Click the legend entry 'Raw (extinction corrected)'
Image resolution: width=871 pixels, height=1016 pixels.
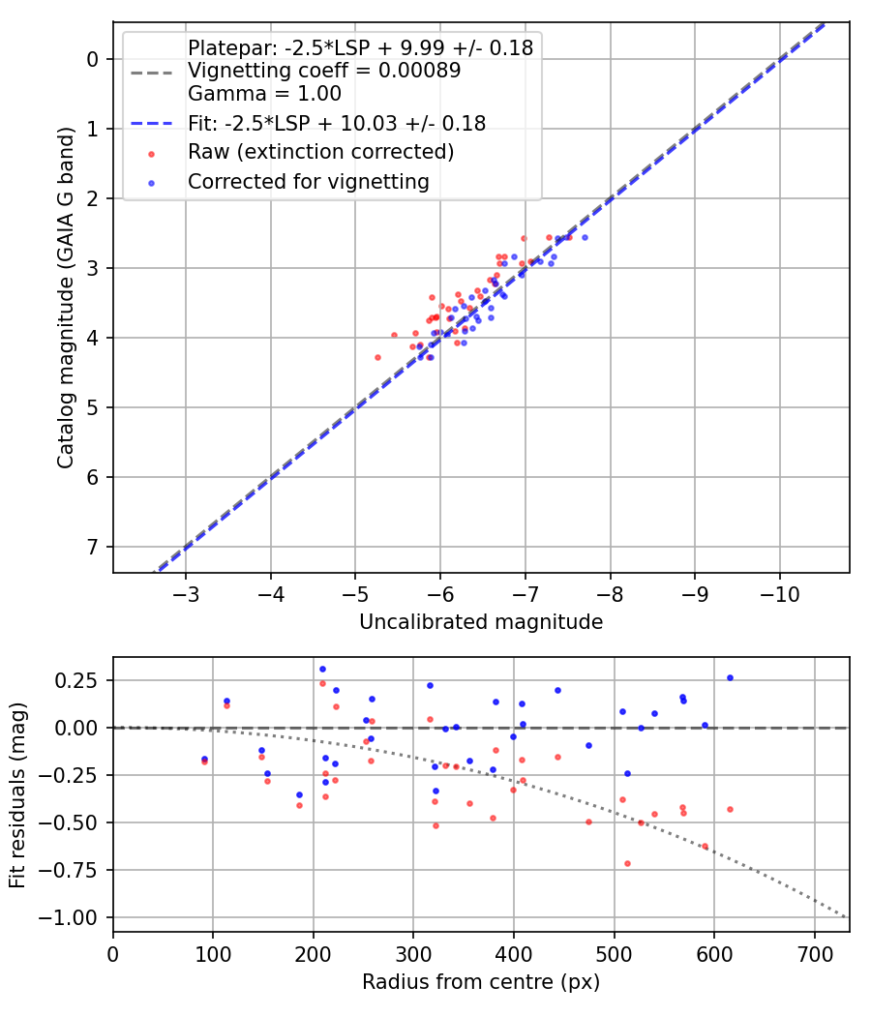(x=320, y=152)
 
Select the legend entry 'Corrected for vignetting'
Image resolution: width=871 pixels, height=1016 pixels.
(x=308, y=181)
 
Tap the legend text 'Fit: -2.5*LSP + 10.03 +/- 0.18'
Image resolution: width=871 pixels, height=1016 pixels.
(x=336, y=123)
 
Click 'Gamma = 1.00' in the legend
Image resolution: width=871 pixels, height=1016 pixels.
(x=264, y=94)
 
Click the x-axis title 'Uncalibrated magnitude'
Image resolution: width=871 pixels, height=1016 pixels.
(x=481, y=622)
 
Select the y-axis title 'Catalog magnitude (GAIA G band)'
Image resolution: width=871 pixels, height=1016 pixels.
(x=66, y=297)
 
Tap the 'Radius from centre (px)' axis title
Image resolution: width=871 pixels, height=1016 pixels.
(x=481, y=982)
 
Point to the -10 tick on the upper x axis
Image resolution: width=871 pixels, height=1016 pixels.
(x=779, y=593)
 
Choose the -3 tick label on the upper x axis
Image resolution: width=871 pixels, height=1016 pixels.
(x=186, y=593)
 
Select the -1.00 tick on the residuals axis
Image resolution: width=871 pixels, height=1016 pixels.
(x=75, y=916)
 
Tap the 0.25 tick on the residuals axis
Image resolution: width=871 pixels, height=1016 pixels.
(x=80, y=680)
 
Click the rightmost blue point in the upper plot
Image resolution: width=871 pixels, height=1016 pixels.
(x=585, y=237)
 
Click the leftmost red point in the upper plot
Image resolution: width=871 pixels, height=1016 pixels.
(x=377, y=357)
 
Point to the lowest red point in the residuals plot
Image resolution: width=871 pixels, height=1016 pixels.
(x=627, y=863)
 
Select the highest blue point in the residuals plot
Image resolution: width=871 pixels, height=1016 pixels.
(x=322, y=669)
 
